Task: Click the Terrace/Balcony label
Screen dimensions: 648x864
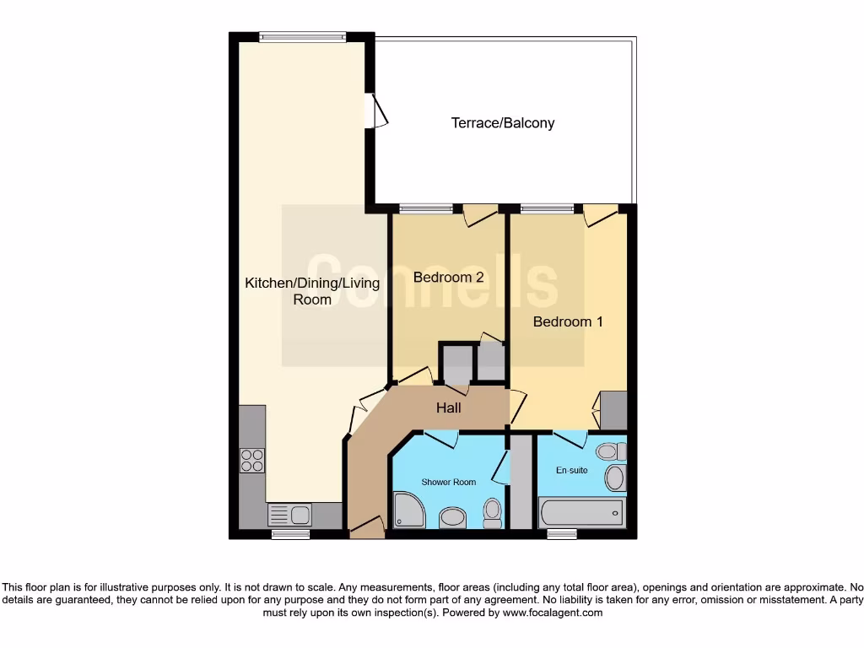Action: pos(503,123)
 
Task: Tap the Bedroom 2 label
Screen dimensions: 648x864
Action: pos(448,277)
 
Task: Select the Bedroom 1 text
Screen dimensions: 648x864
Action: pos(568,321)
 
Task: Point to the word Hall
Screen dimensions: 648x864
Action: pos(448,408)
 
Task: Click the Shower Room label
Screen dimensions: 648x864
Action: pos(449,482)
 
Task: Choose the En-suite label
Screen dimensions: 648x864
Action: pos(571,470)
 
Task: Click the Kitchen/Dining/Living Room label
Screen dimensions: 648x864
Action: pos(311,291)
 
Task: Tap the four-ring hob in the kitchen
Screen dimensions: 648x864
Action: pos(251,461)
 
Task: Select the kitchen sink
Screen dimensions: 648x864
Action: pos(289,514)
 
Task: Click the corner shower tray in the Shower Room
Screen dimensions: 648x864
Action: pos(408,512)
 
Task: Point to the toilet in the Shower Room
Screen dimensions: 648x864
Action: pos(493,510)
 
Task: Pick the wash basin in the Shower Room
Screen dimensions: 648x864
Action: pos(453,516)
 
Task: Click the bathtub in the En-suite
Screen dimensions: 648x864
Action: pos(581,511)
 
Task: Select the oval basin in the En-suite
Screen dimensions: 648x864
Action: pos(615,478)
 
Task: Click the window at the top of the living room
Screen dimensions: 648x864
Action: pos(302,36)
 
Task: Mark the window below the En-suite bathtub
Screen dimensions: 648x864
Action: pos(561,533)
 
